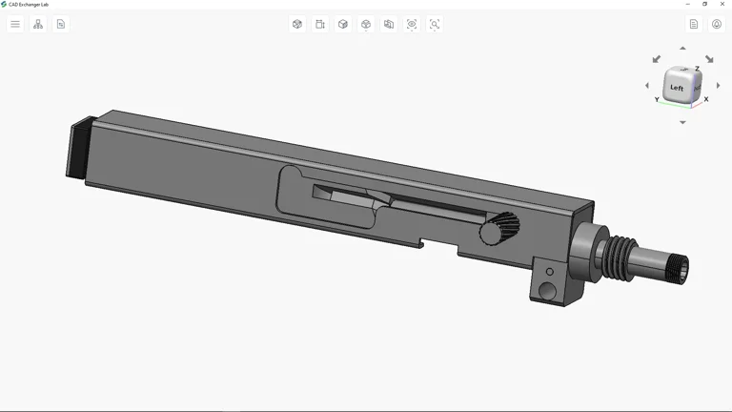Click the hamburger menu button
pos(15,24)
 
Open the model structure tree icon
pos(38,24)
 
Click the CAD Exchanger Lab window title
pos(29,4)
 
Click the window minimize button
pos(687,4)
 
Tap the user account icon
pos(717,24)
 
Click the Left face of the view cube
pos(677,87)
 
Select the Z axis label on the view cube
pos(697,69)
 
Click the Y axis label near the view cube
pos(657,99)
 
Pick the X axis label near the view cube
pos(706,99)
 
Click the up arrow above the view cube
pos(682,48)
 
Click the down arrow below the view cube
pos(682,122)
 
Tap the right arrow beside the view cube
pos(719,86)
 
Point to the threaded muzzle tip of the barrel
pos(680,269)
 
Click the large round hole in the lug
pos(547,290)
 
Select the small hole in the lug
pos(549,273)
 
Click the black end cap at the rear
pos(79,150)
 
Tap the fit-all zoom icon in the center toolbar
pos(412,24)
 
